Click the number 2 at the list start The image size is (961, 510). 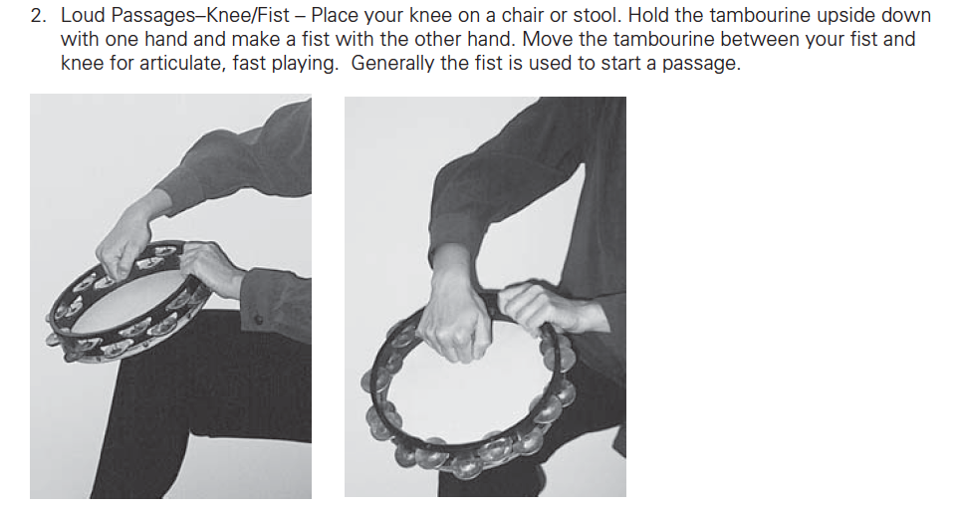click(37, 16)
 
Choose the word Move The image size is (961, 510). click(547, 40)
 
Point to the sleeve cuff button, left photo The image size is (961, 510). click(259, 320)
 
